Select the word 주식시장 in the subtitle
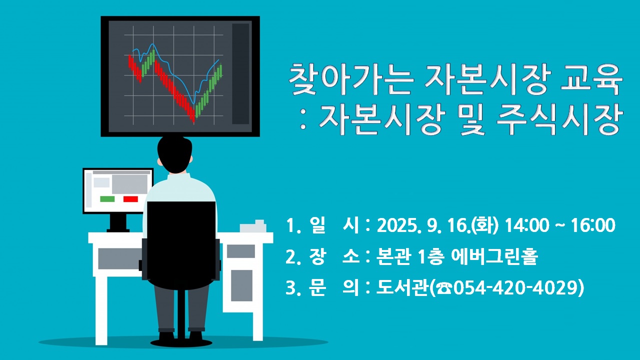(559, 119)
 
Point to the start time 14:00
(527, 225)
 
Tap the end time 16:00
(593, 225)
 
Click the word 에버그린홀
(494, 257)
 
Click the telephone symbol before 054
(443, 288)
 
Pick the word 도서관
(402, 287)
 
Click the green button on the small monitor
(107, 199)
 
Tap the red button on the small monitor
(130, 199)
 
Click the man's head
(174, 154)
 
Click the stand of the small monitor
(118, 222)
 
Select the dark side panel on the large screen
(240, 73)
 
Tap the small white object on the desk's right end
(253, 226)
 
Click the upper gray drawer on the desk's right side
(241, 251)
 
